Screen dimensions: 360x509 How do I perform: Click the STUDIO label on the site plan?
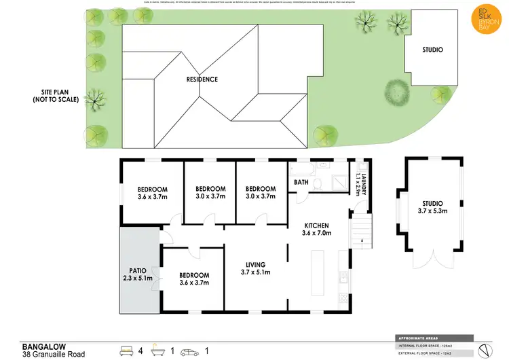pos(432,50)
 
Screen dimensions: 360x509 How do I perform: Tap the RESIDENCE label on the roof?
pos(202,79)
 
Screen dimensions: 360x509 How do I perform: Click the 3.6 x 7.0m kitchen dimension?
pos(316,234)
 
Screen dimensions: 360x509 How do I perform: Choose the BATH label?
pos(302,183)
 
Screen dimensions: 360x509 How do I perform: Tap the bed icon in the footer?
pos(127,351)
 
